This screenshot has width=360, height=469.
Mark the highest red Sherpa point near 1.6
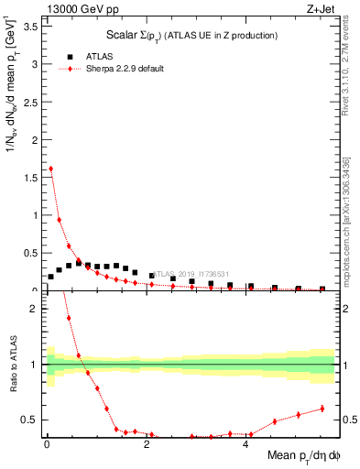(x=50, y=169)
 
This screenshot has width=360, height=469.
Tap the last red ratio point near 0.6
(x=322, y=409)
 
